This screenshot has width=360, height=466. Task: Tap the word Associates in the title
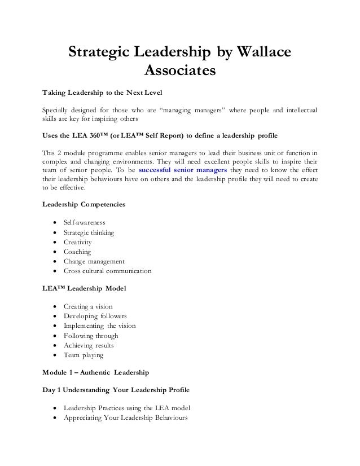pyautogui.click(x=181, y=72)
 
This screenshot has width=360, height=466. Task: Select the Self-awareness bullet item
pyautogui.click(x=84, y=222)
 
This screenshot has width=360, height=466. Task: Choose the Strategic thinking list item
pyautogui.click(x=89, y=232)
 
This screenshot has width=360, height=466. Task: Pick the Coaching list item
pyautogui.click(x=77, y=252)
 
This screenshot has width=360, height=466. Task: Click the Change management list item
pyautogui.click(x=94, y=261)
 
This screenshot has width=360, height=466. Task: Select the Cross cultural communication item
pyautogui.click(x=107, y=271)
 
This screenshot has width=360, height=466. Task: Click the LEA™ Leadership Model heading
pyautogui.click(x=84, y=288)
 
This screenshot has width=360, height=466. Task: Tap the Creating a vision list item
pyautogui.click(x=88, y=306)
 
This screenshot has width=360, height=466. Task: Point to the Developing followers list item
pyautogui.click(x=95, y=316)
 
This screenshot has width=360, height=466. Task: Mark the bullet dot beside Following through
pyautogui.click(x=54, y=336)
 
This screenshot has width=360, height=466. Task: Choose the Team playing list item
pyautogui.click(x=84, y=355)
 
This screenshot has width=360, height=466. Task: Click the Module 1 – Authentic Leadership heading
pyautogui.click(x=96, y=372)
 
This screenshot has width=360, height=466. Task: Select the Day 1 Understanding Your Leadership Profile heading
pyautogui.click(x=116, y=390)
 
